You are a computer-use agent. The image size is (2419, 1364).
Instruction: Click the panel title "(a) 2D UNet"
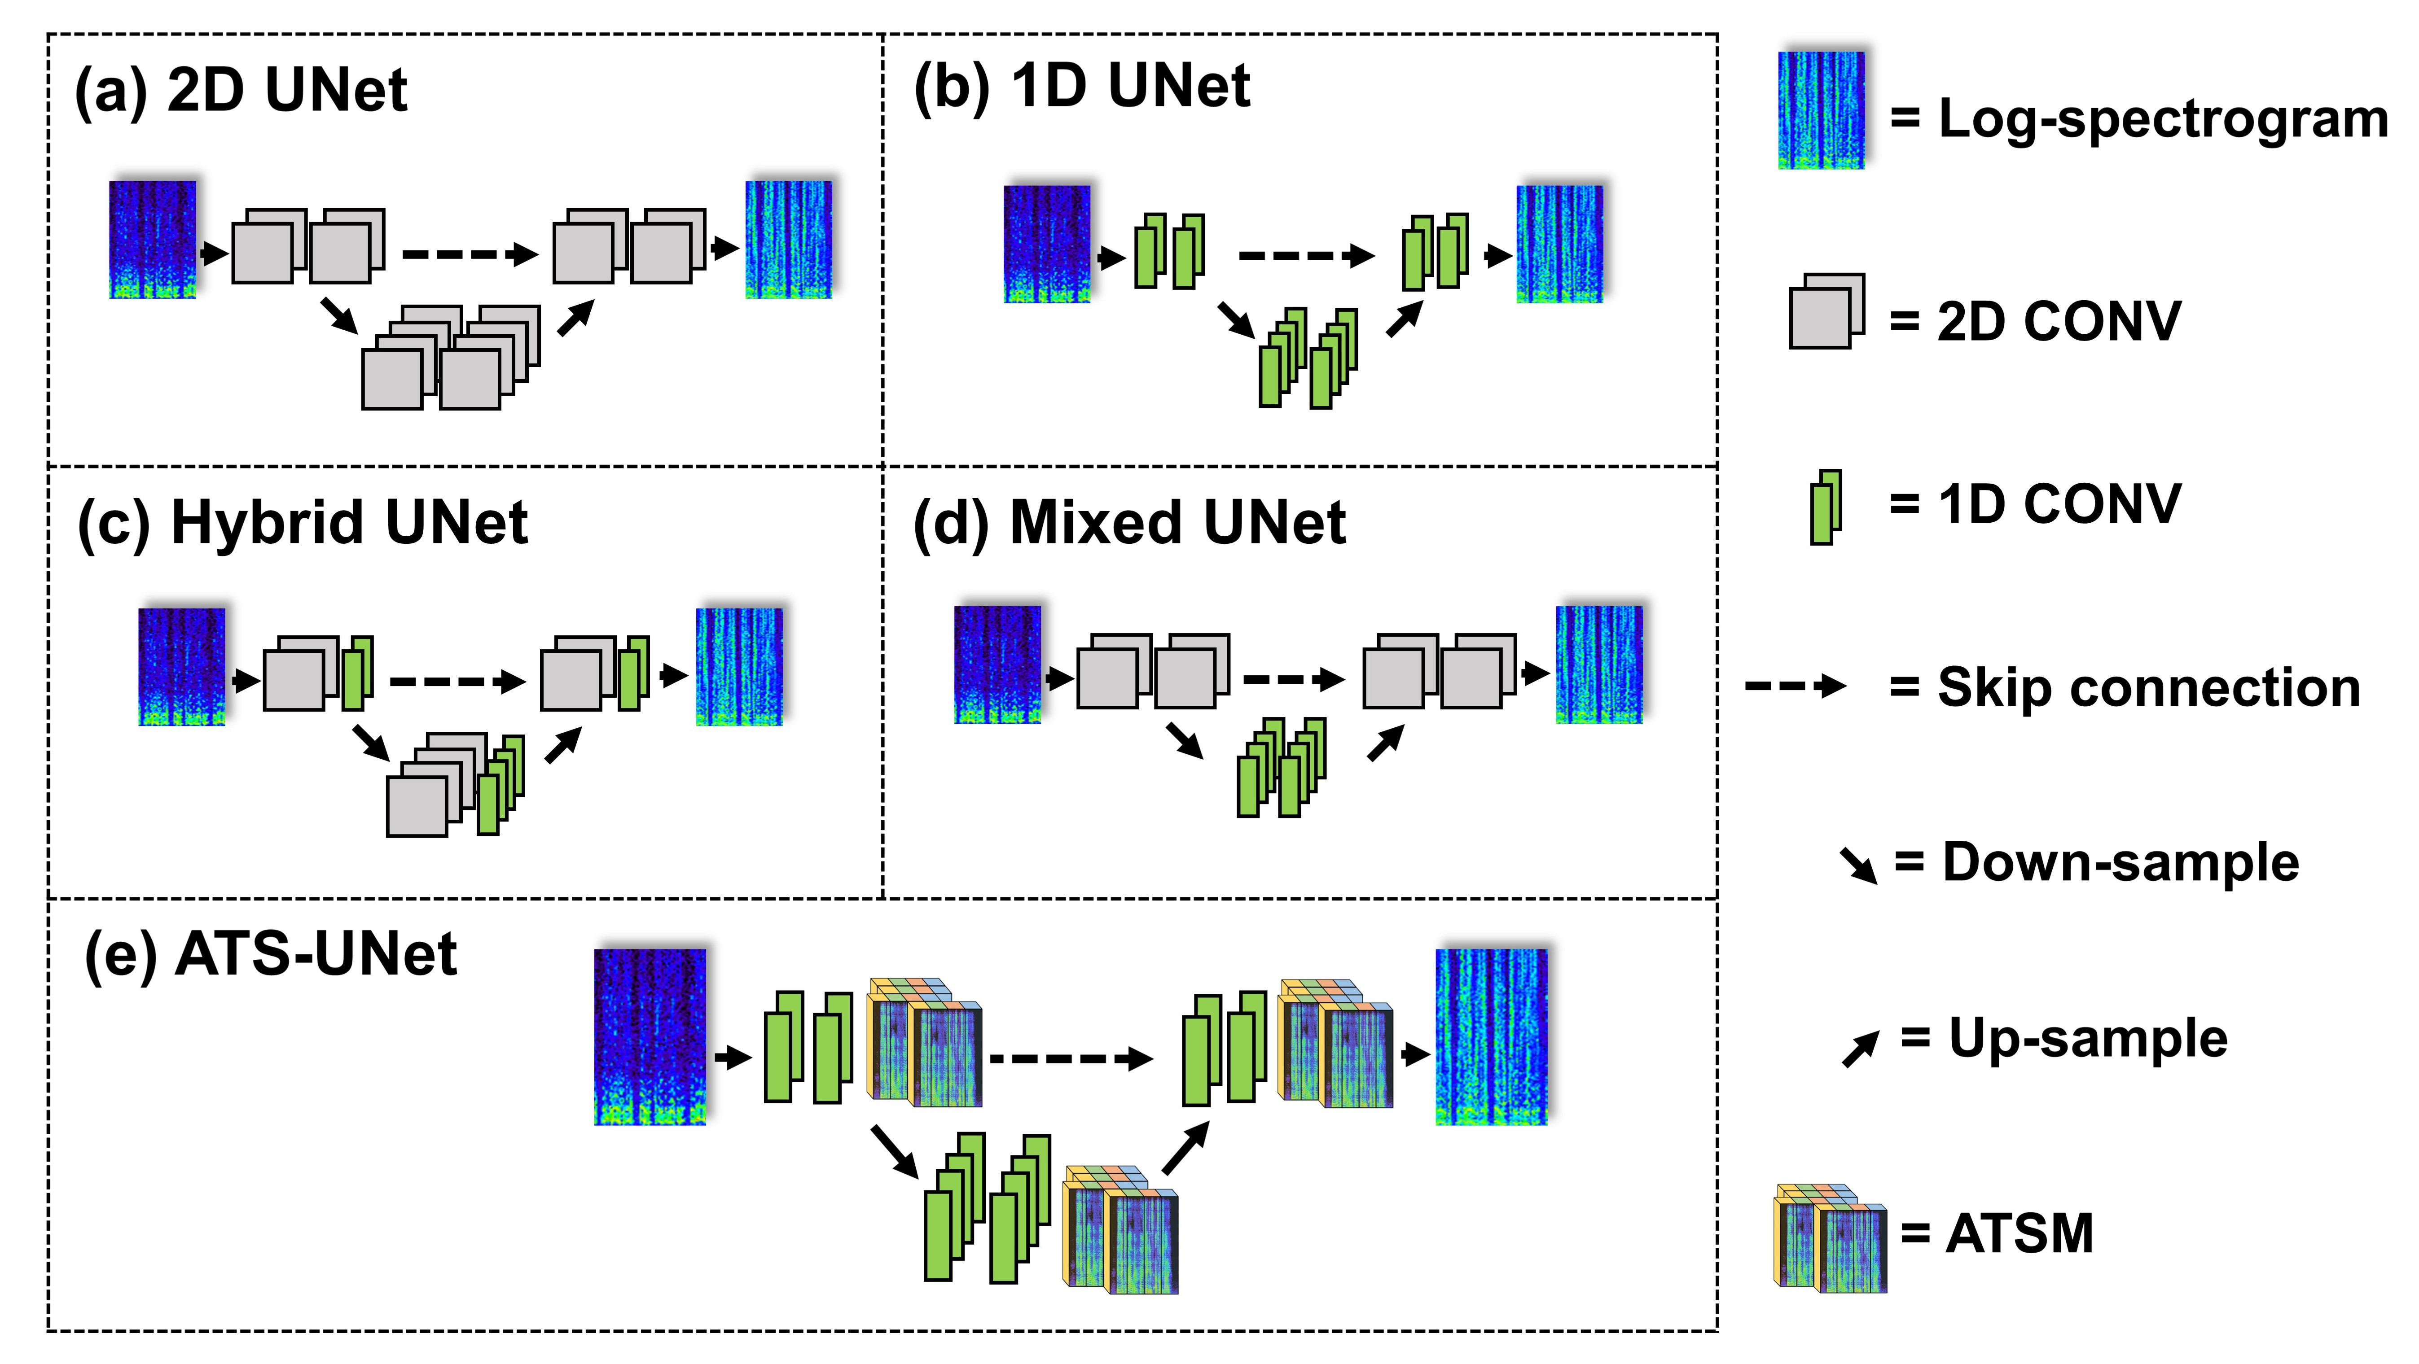click(x=241, y=91)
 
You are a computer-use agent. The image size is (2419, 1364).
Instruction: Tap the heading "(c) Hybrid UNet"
click(x=303, y=523)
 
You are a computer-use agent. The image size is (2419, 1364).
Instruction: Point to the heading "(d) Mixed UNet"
click(x=1130, y=523)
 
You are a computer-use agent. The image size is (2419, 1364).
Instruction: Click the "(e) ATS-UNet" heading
click(x=270, y=955)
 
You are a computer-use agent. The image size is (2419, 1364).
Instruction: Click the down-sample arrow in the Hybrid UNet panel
click(x=371, y=742)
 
